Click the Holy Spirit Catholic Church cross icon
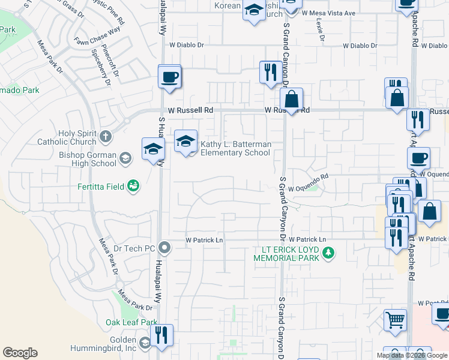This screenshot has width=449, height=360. (106, 136)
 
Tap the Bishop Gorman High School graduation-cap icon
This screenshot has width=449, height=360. (125, 158)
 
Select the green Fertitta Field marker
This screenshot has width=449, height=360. (133, 187)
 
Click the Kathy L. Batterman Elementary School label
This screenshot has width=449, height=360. (235, 148)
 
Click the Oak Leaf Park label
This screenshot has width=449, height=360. (131, 323)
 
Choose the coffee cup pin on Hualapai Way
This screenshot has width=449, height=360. (169, 77)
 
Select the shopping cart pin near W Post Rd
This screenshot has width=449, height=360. (395, 320)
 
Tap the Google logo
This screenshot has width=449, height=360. (20, 353)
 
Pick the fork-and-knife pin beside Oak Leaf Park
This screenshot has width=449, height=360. (160, 335)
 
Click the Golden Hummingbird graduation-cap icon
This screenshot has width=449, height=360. (145, 343)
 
